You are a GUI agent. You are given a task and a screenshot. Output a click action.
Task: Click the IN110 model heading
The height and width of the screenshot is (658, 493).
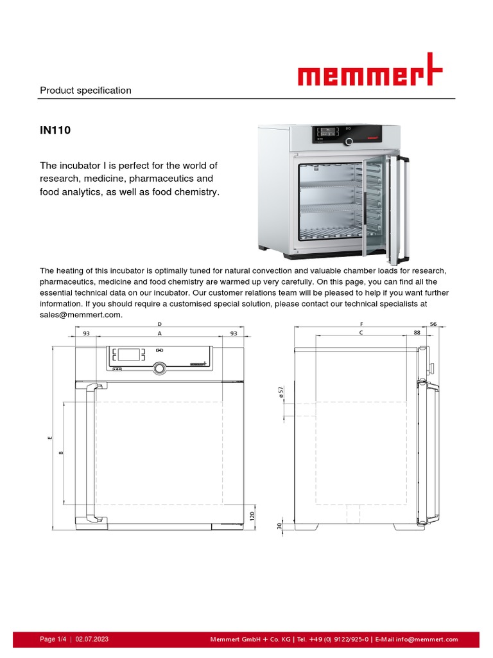point(55,130)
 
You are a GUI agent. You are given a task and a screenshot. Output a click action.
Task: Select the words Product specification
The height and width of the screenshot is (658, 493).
point(85,91)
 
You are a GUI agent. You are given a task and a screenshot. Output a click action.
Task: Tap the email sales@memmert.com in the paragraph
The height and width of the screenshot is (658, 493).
point(80,315)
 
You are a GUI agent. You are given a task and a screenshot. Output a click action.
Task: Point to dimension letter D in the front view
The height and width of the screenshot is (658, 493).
point(159,324)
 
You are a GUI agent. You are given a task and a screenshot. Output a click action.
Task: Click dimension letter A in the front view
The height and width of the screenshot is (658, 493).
point(159,333)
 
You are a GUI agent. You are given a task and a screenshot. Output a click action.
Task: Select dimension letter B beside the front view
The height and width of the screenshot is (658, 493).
point(61,453)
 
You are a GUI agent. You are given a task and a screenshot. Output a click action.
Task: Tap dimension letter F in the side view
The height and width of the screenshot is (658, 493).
point(362,324)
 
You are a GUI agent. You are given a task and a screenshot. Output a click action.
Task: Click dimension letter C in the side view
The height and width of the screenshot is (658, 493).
point(361,333)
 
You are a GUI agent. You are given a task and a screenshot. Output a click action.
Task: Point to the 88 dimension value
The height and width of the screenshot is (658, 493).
point(417,333)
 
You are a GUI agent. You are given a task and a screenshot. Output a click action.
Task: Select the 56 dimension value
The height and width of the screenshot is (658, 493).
point(433,324)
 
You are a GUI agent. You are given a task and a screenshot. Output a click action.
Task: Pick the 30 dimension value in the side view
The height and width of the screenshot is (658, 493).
point(279,526)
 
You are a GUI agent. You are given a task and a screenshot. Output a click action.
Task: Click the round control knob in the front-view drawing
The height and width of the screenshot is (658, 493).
point(159,368)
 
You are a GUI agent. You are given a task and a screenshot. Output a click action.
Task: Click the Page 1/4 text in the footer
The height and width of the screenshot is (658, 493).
point(53,639)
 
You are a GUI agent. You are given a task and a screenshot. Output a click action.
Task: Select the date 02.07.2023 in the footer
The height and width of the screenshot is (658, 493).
point(92,639)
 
